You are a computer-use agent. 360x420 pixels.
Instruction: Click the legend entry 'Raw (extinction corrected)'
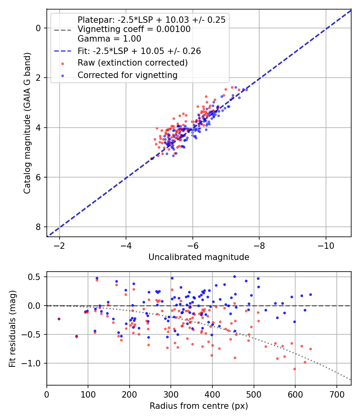pos(132,63)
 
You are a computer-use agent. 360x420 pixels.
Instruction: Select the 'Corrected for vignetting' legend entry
pos(127,75)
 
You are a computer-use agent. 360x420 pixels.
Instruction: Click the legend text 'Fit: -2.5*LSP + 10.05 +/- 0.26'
pos(139,51)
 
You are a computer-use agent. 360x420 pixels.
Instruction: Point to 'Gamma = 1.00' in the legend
pos(109,39)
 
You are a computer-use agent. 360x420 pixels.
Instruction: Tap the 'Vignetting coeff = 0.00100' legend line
pos(134,29)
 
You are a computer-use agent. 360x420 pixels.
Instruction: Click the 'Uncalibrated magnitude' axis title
pos(199,257)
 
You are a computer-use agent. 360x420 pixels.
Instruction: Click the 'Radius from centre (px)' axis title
pos(199,406)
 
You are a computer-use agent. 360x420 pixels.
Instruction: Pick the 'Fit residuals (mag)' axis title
pos(12,328)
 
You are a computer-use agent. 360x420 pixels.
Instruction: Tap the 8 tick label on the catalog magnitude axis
pos(38,227)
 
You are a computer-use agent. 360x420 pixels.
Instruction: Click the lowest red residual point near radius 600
pos(295,369)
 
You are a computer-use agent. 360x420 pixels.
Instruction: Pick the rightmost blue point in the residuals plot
pos(310,294)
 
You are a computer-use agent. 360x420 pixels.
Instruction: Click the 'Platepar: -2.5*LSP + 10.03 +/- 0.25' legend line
pos(151,20)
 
